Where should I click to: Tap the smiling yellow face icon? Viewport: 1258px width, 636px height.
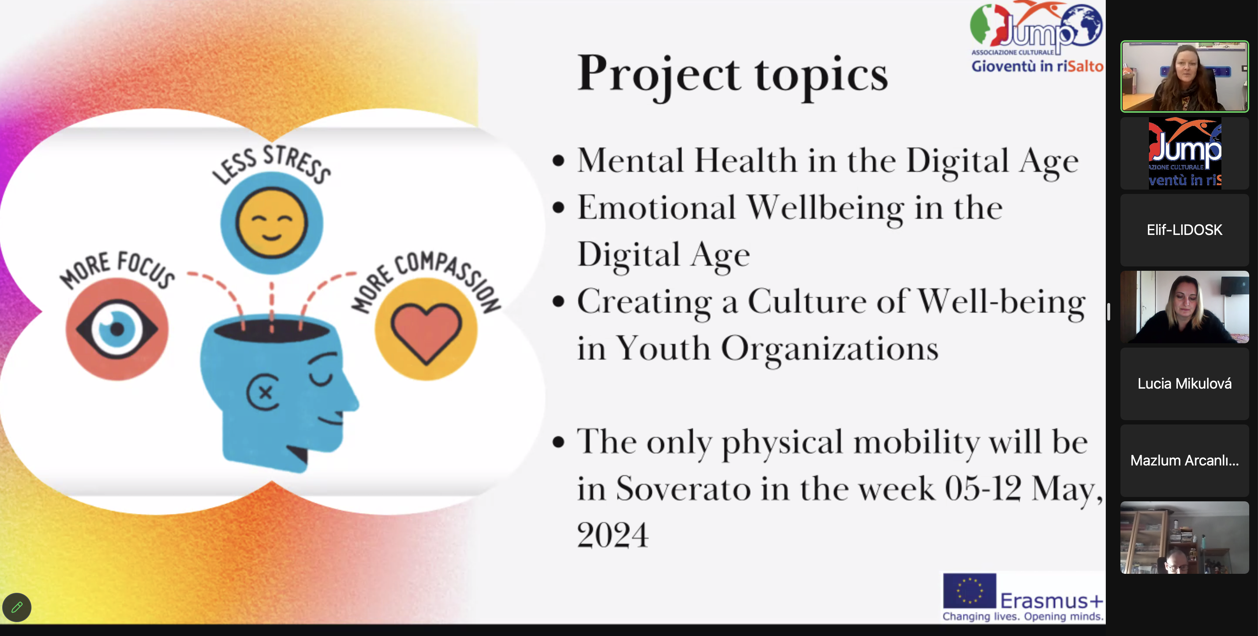coord(272,223)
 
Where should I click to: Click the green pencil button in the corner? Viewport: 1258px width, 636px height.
coord(16,607)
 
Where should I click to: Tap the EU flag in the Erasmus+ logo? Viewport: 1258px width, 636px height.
coord(969,591)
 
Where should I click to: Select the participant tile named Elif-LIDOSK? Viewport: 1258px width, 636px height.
coord(1184,230)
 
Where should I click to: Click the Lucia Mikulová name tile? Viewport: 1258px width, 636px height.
coord(1184,384)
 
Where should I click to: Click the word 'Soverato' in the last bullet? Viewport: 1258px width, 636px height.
coord(683,488)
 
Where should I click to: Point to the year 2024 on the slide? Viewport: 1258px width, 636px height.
coord(613,535)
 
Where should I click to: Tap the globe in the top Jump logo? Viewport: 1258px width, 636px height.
coord(1082,25)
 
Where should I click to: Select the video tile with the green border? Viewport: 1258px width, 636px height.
coord(1184,77)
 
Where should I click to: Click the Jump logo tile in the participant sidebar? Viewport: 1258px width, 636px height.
coord(1184,153)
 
